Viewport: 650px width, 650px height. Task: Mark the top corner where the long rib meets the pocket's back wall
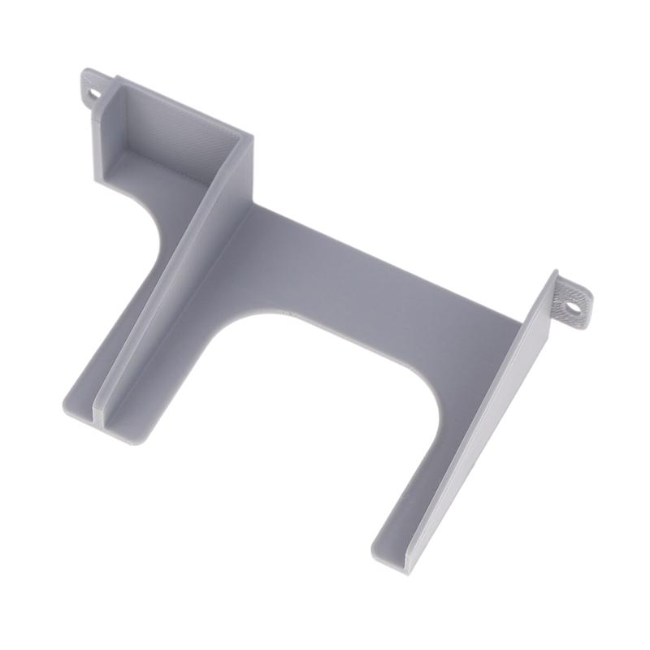(244, 138)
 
